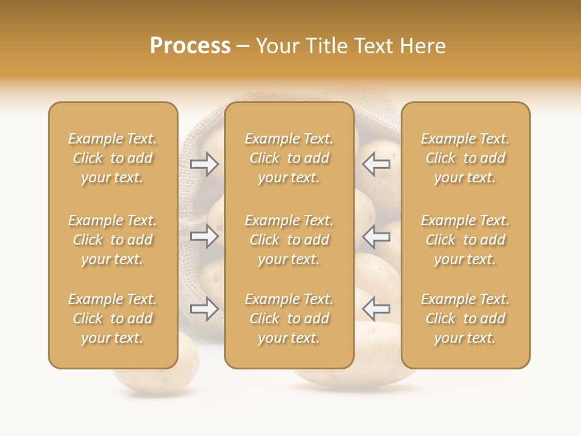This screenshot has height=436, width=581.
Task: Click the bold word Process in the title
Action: [x=190, y=46]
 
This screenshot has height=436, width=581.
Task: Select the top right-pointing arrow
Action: [x=205, y=164]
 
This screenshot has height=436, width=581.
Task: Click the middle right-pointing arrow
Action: [x=205, y=236]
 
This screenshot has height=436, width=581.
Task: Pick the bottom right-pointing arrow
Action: [x=205, y=309]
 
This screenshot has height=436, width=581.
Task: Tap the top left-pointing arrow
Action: [x=376, y=164]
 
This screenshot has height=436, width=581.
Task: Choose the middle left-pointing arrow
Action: [x=376, y=236]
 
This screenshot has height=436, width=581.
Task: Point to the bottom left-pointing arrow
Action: [x=376, y=309]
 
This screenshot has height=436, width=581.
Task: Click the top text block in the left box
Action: [x=113, y=158]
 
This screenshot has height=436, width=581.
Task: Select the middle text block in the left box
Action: [x=113, y=240]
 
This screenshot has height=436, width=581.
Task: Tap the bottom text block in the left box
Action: [x=113, y=319]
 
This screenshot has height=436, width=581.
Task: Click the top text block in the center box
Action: [x=289, y=158]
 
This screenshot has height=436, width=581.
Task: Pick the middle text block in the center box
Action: [x=289, y=240]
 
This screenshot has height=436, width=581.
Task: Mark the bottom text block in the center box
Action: [x=289, y=319]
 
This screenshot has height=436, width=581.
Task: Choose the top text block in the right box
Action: [x=465, y=158]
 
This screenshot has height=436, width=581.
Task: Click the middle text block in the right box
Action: [x=465, y=240]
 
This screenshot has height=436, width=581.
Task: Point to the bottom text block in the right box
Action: [x=465, y=319]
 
